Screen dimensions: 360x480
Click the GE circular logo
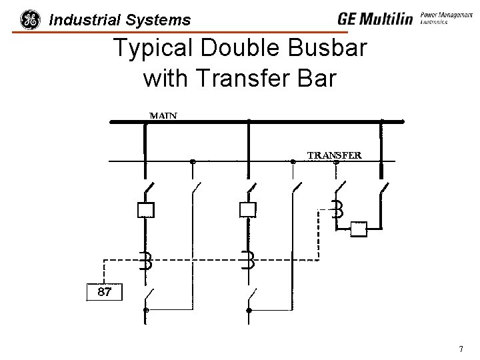pos(30,20)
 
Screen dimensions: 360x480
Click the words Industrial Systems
pos(120,21)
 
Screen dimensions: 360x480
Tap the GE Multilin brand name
pos(375,19)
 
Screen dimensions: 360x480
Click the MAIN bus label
pos(163,115)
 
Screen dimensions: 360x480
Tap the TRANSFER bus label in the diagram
pos(334,155)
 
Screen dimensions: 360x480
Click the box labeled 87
pos(105,292)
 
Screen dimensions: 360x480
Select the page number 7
pos(461,349)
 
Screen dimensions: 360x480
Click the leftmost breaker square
pos(145,210)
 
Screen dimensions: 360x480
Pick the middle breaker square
pos(247,210)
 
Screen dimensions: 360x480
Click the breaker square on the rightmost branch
pos(359,230)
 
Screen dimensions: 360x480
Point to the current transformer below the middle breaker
pos(248,260)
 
